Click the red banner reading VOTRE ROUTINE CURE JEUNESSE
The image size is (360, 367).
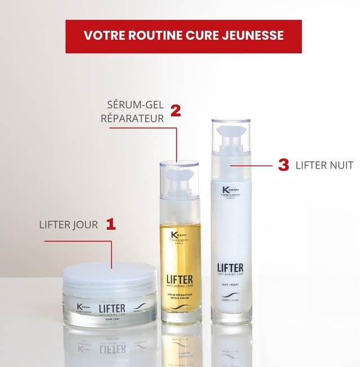click(x=183, y=36)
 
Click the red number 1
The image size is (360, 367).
click(x=111, y=225)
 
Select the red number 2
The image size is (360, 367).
click(x=175, y=110)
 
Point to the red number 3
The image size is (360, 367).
click(x=283, y=165)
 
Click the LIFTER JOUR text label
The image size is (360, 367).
click(x=69, y=225)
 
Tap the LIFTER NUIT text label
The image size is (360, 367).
click(x=325, y=165)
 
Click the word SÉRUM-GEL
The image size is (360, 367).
click(x=135, y=105)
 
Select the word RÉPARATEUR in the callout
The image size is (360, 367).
click(x=133, y=119)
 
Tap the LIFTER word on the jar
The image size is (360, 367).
click(x=112, y=308)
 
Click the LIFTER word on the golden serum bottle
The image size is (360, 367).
click(x=179, y=279)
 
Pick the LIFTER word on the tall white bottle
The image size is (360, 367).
click(x=231, y=268)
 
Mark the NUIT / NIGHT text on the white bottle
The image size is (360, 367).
click(x=231, y=284)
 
